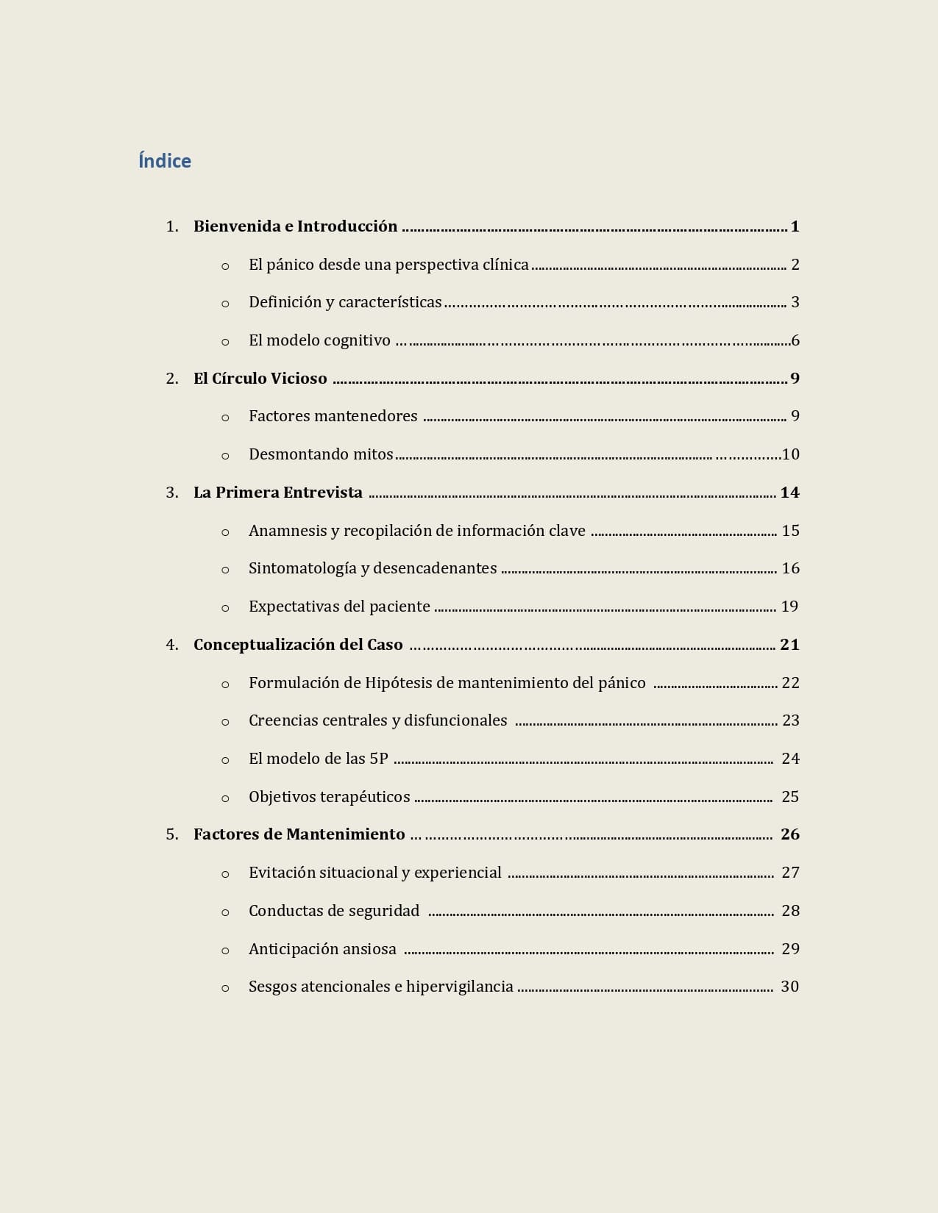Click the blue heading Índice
(165, 161)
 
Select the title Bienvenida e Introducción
(295, 226)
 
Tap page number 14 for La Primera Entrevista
(789, 493)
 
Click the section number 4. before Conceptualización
(172, 645)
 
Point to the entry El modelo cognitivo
(319, 340)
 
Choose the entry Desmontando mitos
(321, 454)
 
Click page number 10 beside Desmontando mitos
(790, 454)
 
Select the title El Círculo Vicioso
(260, 379)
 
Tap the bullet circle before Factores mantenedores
(225, 418)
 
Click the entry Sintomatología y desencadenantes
(372, 568)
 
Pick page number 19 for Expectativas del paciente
(789, 606)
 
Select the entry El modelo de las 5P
(318, 759)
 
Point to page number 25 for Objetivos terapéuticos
(790, 797)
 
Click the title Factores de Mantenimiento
(299, 834)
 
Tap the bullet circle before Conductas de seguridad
(225, 912)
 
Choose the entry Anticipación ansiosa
(322, 949)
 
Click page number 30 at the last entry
(789, 987)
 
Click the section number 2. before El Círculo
(172, 379)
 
